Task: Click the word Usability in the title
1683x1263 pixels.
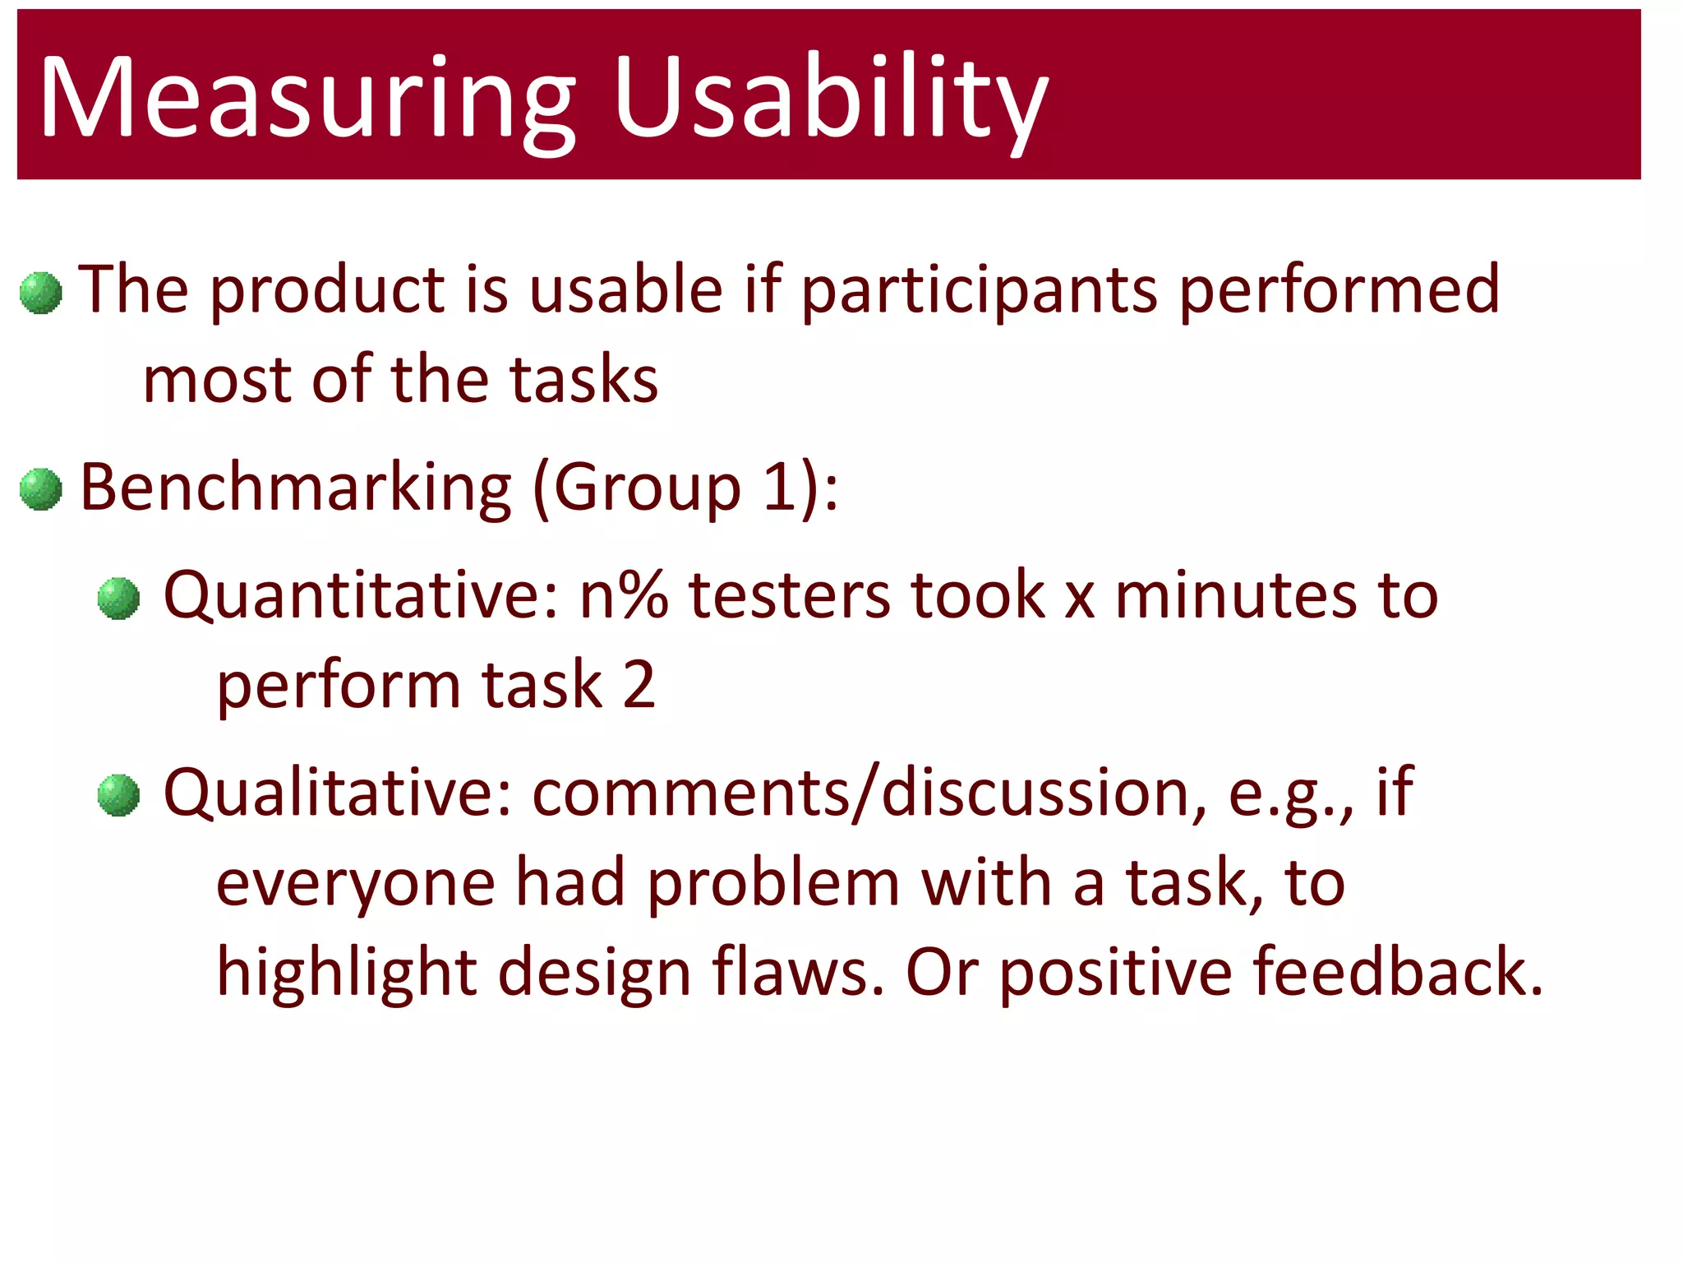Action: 830,99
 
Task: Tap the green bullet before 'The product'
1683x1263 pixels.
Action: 40,294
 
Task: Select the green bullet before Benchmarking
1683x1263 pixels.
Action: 40,490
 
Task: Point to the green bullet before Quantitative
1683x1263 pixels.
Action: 118,599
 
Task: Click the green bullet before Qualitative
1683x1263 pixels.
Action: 118,795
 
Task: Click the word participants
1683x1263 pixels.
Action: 979,292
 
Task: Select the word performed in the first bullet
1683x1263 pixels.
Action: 1339,292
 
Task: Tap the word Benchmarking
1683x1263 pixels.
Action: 296,488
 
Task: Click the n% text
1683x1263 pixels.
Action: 623,596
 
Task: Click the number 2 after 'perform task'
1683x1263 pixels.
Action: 639,685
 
